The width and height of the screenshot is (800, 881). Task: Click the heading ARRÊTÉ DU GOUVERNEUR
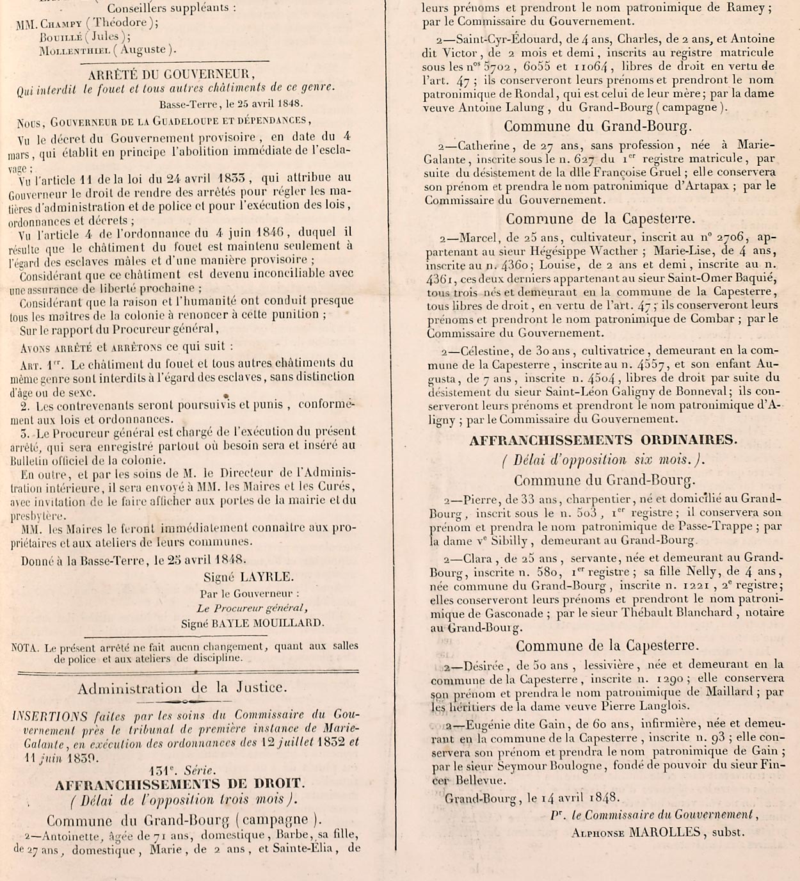point(172,74)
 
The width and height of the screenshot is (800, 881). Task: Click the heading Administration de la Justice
point(182,688)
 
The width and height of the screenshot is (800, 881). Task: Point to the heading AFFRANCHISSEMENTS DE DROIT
point(179,784)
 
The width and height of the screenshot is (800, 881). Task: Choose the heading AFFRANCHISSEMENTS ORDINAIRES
point(603,440)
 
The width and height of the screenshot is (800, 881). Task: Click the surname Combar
point(710,319)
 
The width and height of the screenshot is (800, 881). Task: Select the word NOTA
point(26,647)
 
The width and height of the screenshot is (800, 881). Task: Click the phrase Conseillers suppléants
point(171,9)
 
